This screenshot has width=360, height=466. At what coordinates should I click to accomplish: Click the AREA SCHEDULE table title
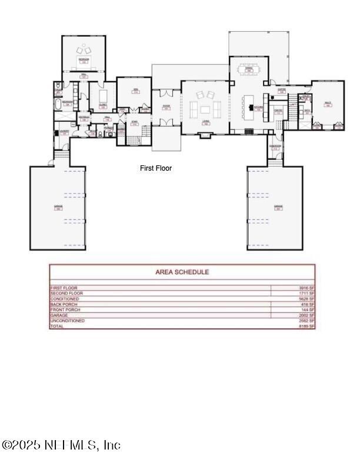[x=182, y=272]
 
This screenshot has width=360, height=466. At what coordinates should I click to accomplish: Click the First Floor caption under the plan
[x=156, y=168]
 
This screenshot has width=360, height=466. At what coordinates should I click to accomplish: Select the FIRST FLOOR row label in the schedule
[x=65, y=288]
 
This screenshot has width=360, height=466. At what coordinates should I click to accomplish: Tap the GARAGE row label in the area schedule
[x=59, y=315]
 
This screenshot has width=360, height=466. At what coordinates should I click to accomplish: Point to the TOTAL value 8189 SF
[x=307, y=326]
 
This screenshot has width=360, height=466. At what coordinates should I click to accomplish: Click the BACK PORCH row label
[x=64, y=304]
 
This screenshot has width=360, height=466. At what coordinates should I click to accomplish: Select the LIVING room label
[x=206, y=122]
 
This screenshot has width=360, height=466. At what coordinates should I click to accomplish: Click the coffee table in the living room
[x=206, y=109]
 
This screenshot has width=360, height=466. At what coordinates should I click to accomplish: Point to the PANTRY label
[x=279, y=110]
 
